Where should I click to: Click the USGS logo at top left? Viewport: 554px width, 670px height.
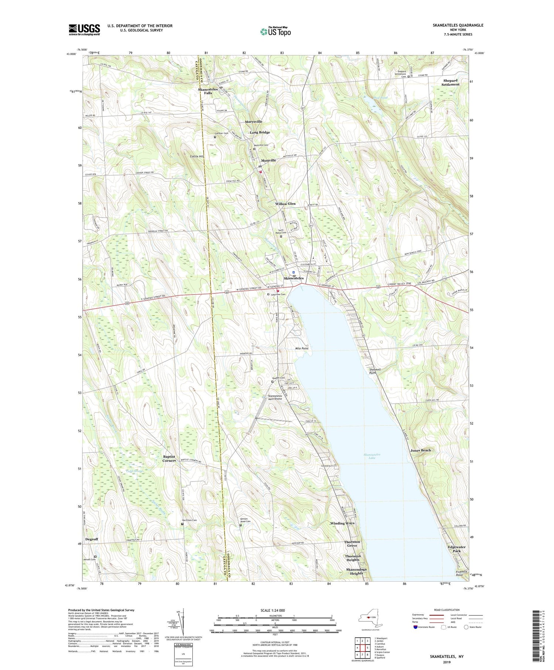click(x=84, y=30)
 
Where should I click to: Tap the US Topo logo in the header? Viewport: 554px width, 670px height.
click(x=275, y=32)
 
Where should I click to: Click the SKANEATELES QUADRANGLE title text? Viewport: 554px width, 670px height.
click(x=458, y=25)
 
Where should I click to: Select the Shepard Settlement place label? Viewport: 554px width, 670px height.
click(x=450, y=82)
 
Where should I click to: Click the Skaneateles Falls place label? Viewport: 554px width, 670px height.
click(x=208, y=91)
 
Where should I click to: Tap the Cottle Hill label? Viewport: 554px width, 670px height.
click(x=197, y=157)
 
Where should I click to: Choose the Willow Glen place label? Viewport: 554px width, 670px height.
click(x=285, y=204)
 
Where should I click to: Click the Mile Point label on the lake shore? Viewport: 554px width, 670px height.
click(x=302, y=348)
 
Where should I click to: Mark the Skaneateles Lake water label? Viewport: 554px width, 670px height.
click(x=372, y=456)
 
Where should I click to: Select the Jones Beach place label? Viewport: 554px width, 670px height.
click(x=420, y=450)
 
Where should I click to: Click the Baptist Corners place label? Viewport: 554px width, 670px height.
click(x=169, y=459)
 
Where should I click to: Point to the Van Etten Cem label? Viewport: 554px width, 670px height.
click(x=189, y=520)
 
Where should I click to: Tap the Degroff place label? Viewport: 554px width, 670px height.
click(x=92, y=539)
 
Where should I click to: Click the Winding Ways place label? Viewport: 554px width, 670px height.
click(x=342, y=523)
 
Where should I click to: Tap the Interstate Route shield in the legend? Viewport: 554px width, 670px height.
click(x=415, y=627)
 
